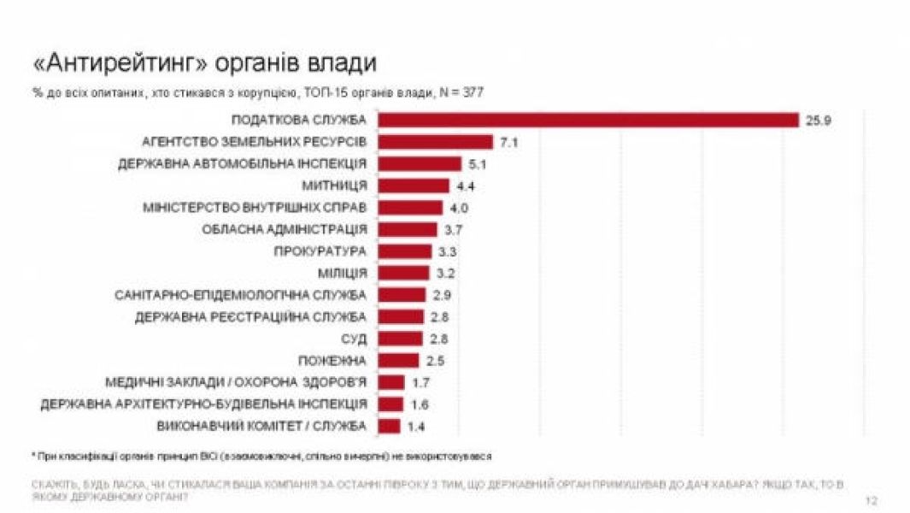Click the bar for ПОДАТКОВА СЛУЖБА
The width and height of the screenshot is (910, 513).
click(588, 120)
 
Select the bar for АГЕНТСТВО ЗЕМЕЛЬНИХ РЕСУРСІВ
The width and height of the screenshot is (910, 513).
click(436, 142)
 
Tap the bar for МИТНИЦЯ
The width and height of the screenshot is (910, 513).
click(414, 186)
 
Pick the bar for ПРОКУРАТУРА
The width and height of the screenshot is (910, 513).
click(405, 251)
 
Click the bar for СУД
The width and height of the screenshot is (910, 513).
click(401, 339)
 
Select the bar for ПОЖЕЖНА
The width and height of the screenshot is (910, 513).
click(399, 360)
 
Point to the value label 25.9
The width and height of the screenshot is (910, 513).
click(818, 120)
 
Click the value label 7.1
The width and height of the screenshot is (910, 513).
click(510, 142)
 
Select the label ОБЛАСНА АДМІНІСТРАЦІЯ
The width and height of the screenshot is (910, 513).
click(285, 229)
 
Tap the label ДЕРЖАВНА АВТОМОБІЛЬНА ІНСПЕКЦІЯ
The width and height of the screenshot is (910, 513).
click(244, 163)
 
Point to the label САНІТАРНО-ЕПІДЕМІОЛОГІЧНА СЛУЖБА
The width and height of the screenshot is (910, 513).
click(241, 295)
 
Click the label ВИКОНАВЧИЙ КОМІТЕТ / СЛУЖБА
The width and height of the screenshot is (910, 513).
click(262, 426)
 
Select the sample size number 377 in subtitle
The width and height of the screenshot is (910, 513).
click(473, 91)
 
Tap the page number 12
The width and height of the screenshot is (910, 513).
click(871, 500)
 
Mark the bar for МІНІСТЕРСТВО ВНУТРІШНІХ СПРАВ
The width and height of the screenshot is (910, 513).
click(410, 208)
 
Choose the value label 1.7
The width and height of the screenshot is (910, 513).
click(420, 382)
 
